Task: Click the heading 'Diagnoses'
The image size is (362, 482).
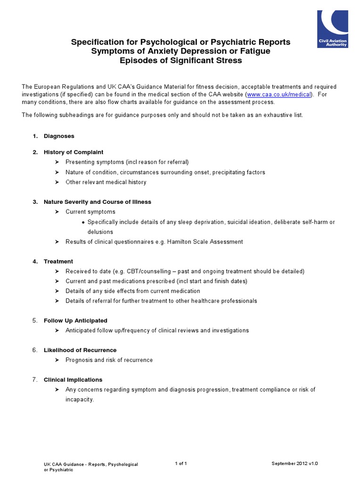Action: (x=59, y=136)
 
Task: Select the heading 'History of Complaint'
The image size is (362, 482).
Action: (x=74, y=152)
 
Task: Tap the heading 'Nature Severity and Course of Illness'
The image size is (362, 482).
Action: (x=98, y=202)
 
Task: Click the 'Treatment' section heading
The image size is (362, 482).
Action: (x=58, y=261)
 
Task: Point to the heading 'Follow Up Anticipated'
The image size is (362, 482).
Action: (x=75, y=321)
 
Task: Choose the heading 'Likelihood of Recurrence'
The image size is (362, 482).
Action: (x=80, y=350)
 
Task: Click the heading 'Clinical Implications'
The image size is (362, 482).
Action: (x=73, y=380)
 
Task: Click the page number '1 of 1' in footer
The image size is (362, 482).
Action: (x=181, y=464)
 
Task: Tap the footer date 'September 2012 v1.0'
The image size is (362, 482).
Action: (x=295, y=464)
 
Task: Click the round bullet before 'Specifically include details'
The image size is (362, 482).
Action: (x=83, y=222)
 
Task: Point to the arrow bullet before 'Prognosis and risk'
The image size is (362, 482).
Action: (x=57, y=360)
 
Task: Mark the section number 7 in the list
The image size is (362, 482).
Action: (x=35, y=380)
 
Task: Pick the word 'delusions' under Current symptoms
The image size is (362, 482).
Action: (x=100, y=232)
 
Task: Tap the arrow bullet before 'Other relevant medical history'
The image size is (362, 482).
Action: (x=57, y=182)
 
